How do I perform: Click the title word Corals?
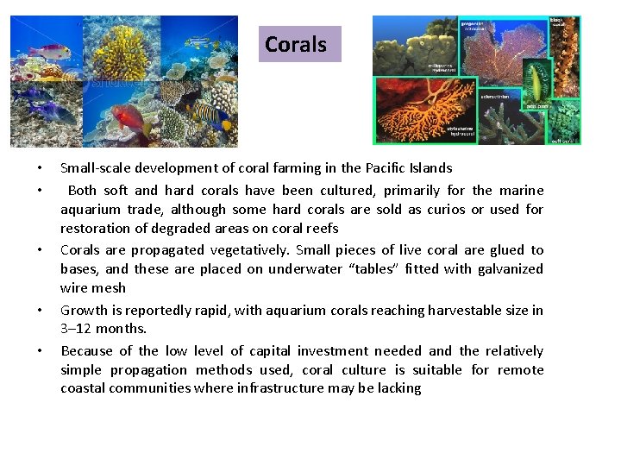[296, 44]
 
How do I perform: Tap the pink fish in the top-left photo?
[49, 51]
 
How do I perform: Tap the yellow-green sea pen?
[536, 82]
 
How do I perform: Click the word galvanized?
[500, 269]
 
